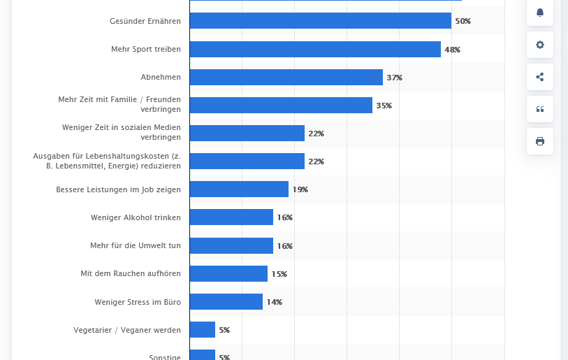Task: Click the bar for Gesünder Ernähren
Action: point(320,21)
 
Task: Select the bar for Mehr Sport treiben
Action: point(314,50)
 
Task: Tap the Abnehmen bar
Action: point(286,78)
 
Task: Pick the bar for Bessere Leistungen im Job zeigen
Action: point(239,189)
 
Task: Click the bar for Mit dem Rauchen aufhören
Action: point(228,274)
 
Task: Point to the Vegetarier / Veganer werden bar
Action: point(203,330)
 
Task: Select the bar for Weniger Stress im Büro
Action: point(226,302)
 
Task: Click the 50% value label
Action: point(463,22)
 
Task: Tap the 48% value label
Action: point(453,50)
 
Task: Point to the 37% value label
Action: point(395,78)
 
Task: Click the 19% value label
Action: point(300,189)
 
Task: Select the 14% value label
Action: point(275,302)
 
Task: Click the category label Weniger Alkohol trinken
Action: point(136,217)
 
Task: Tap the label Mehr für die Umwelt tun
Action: point(136,246)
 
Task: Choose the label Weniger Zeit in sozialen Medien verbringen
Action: point(122,132)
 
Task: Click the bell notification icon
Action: point(540,13)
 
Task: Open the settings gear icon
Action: point(540,45)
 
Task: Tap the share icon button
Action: point(540,77)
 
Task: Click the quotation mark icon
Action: point(540,109)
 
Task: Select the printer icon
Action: point(540,141)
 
